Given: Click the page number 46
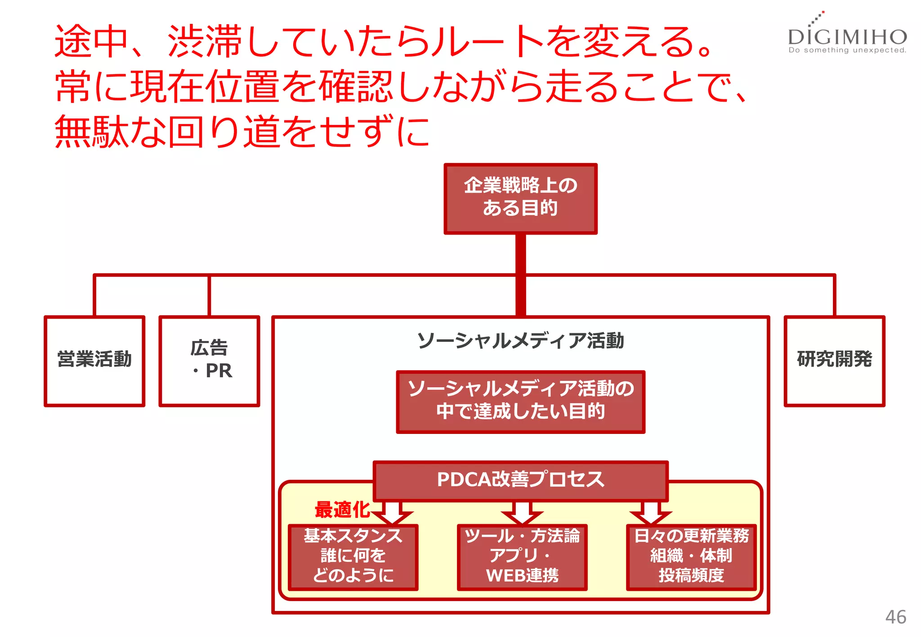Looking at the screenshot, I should click(895, 617).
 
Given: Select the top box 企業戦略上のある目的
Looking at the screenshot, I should click(520, 198).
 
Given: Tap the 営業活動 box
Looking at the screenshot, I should click(94, 360).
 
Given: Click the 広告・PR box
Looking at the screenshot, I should click(209, 360).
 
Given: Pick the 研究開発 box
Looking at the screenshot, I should click(834, 360).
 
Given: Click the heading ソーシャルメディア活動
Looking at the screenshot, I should click(520, 341).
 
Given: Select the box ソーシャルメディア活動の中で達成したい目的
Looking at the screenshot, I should click(520, 401).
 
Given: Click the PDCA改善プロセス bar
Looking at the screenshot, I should click(520, 480).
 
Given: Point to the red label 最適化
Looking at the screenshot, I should click(342, 509).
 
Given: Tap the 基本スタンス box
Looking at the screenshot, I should click(353, 556).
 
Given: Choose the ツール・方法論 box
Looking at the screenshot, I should click(522, 556).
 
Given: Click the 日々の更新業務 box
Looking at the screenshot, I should click(691, 556).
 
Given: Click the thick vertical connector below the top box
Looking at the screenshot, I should click(520, 274).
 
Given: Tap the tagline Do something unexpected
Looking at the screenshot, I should click(847, 50).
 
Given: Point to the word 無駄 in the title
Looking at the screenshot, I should click(92, 131).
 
